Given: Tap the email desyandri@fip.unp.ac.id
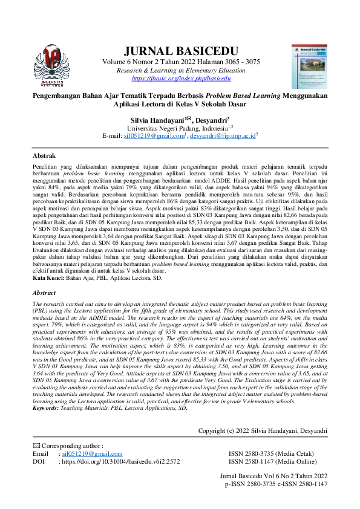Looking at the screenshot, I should coord(223,136).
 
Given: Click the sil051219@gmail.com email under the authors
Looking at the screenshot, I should coord(153,136).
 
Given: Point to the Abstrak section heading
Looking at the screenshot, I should coord(44,155).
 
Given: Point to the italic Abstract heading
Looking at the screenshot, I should coord(44,293).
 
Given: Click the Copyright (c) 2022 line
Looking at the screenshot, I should coord(263,430).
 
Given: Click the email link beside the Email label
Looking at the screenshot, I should coord(91,453).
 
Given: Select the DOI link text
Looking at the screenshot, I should coord(121,461).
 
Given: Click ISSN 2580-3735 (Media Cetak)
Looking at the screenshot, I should coord(272,453).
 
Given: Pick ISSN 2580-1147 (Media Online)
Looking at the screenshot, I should coord(272,461).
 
